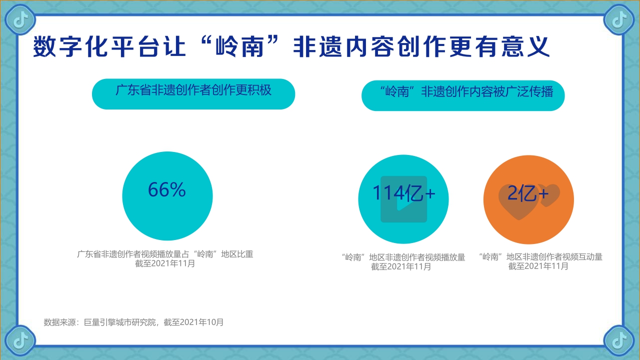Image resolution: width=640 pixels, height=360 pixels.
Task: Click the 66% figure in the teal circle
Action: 167,190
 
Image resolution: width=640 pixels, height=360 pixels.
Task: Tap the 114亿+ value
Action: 403,193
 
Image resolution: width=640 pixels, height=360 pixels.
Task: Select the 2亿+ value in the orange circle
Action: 528,193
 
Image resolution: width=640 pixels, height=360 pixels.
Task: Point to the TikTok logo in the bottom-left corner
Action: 20,340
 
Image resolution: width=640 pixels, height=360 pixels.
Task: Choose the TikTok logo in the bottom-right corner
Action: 619,340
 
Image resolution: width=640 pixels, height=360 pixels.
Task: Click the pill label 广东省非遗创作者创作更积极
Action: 193,90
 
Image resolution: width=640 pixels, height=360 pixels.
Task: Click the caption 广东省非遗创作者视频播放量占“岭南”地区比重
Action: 165,254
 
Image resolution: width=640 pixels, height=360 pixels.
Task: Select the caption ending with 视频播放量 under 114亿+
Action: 403,257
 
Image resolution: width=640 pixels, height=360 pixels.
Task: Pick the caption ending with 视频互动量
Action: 540,257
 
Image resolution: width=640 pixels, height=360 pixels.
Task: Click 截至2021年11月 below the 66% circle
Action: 165,263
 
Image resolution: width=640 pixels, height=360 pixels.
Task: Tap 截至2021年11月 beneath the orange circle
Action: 538,266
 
